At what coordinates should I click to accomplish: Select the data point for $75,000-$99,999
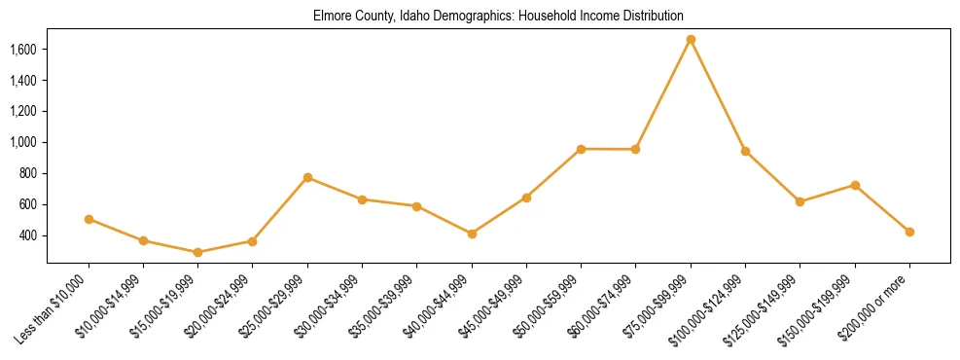point(691,40)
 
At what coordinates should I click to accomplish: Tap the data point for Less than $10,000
point(89,219)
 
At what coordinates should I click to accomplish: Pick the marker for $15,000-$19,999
point(197,252)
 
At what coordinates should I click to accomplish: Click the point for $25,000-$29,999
point(307,177)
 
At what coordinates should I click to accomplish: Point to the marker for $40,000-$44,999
point(472,234)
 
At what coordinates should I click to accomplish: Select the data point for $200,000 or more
point(909,232)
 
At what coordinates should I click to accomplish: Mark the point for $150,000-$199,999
point(855,185)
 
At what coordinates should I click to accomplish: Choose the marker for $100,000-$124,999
point(745,151)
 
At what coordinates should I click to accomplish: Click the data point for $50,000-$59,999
point(581,149)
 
